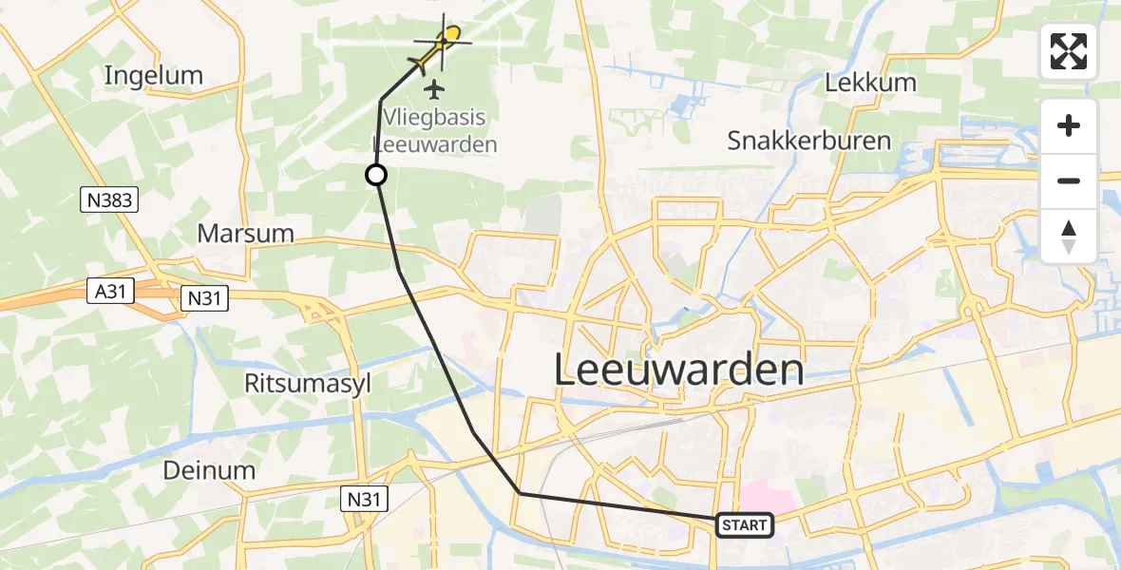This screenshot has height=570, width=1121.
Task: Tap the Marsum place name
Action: [x=245, y=234]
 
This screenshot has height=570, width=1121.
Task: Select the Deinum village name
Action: [x=209, y=470]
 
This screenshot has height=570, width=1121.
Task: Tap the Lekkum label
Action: [x=870, y=83]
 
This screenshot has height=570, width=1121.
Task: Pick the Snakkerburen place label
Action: [x=808, y=142]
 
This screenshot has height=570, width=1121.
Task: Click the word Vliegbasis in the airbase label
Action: [x=434, y=118]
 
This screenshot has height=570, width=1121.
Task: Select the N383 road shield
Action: [x=109, y=199]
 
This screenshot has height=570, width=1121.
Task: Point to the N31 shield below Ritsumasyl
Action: [x=364, y=497]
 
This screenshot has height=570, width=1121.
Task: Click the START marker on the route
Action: [x=744, y=525]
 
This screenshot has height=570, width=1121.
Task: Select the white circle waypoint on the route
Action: [x=376, y=175]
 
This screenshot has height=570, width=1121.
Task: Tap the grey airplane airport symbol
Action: [x=435, y=90]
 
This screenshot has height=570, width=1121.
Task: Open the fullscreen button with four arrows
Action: [x=1069, y=51]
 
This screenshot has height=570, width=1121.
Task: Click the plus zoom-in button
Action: [x=1069, y=125]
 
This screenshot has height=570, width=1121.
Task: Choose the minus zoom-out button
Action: [x=1069, y=180]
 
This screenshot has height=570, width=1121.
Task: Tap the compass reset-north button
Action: [x=1069, y=236]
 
